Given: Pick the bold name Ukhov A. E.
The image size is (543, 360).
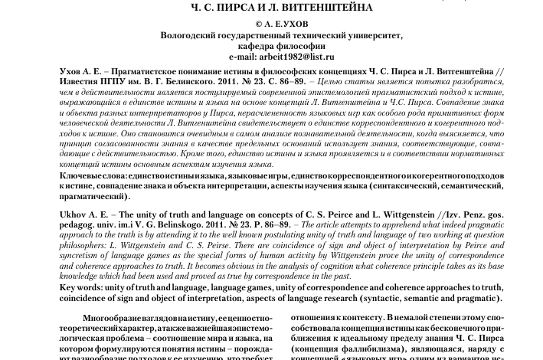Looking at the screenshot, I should pos(90,212).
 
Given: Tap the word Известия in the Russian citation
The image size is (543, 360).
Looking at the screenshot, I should pos(82,80).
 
